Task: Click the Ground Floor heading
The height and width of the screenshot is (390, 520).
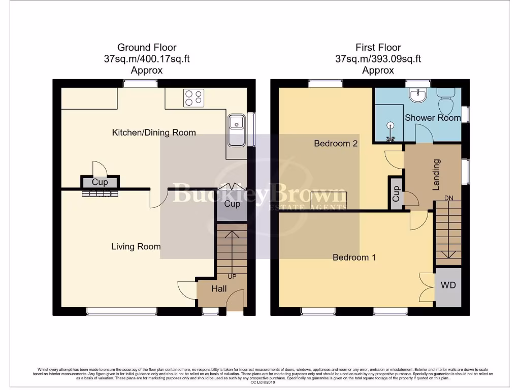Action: [147, 48]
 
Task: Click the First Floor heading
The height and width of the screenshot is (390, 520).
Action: [378, 48]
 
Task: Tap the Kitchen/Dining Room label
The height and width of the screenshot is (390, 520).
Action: [154, 133]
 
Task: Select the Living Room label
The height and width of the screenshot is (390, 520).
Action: [136, 246]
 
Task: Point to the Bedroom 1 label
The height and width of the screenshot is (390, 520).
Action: [354, 257]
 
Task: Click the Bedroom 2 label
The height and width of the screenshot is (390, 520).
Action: [336, 143]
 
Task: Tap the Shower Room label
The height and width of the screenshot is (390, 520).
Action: [433, 118]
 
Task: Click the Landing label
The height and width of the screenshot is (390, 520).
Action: [436, 175]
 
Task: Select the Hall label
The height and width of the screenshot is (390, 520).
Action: [219, 289]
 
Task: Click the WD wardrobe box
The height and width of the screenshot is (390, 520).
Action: [448, 285]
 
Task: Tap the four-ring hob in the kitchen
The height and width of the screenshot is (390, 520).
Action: [193, 97]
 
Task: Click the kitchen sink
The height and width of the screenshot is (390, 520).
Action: [237, 124]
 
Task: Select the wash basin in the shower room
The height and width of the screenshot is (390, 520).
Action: [419, 95]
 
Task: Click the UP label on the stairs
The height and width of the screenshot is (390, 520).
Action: [232, 277]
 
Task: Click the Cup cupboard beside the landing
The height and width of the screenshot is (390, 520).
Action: [396, 193]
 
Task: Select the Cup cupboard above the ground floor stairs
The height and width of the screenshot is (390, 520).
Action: [232, 204]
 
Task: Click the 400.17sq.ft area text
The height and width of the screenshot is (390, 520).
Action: [161, 59]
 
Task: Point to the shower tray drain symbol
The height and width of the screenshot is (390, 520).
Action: [391, 124]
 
